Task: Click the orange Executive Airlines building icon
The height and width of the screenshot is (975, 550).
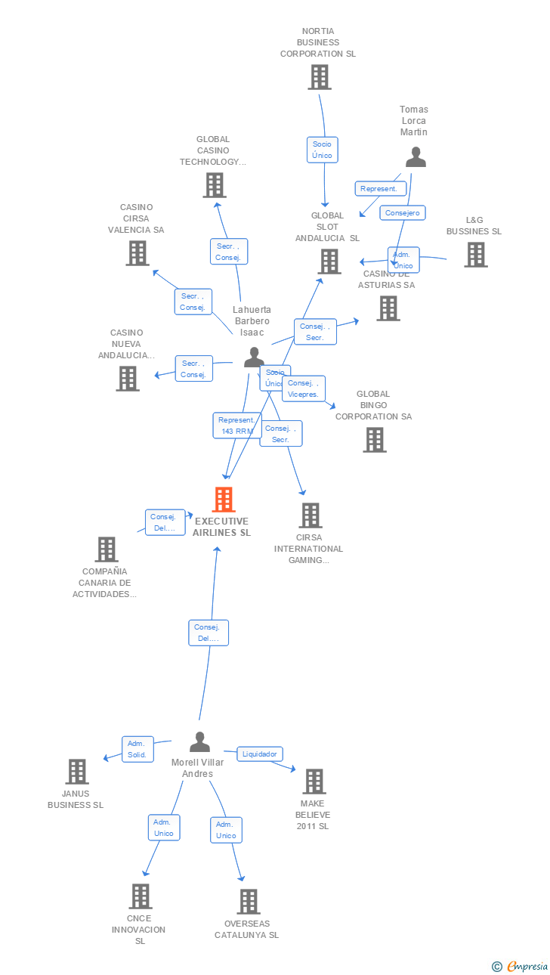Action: [224, 500]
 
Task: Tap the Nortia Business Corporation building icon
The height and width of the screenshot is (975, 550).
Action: [319, 77]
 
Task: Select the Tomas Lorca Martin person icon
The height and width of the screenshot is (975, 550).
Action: [416, 157]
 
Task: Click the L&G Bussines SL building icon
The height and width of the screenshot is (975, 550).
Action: [475, 255]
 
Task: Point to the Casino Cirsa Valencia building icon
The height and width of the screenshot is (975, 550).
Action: [137, 253]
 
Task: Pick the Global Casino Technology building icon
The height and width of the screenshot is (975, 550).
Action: [215, 185]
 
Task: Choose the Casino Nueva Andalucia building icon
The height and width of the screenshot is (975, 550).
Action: [128, 378]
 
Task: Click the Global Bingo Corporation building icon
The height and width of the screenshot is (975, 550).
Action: [374, 440]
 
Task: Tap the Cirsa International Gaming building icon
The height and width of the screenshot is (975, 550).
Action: [310, 515]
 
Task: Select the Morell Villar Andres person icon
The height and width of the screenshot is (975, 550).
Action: [199, 742]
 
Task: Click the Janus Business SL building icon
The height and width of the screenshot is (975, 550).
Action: [77, 772]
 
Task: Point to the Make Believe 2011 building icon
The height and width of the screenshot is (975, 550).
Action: [314, 782]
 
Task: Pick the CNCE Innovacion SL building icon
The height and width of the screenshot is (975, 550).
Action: [140, 896]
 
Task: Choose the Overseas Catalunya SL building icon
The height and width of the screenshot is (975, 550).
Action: [248, 902]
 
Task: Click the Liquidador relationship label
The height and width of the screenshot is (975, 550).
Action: [261, 754]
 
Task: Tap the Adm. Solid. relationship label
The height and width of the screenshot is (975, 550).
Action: [137, 749]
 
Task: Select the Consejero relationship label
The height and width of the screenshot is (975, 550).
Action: [402, 213]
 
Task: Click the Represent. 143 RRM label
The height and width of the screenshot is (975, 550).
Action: [236, 426]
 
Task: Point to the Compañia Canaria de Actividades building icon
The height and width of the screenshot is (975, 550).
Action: [107, 549]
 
